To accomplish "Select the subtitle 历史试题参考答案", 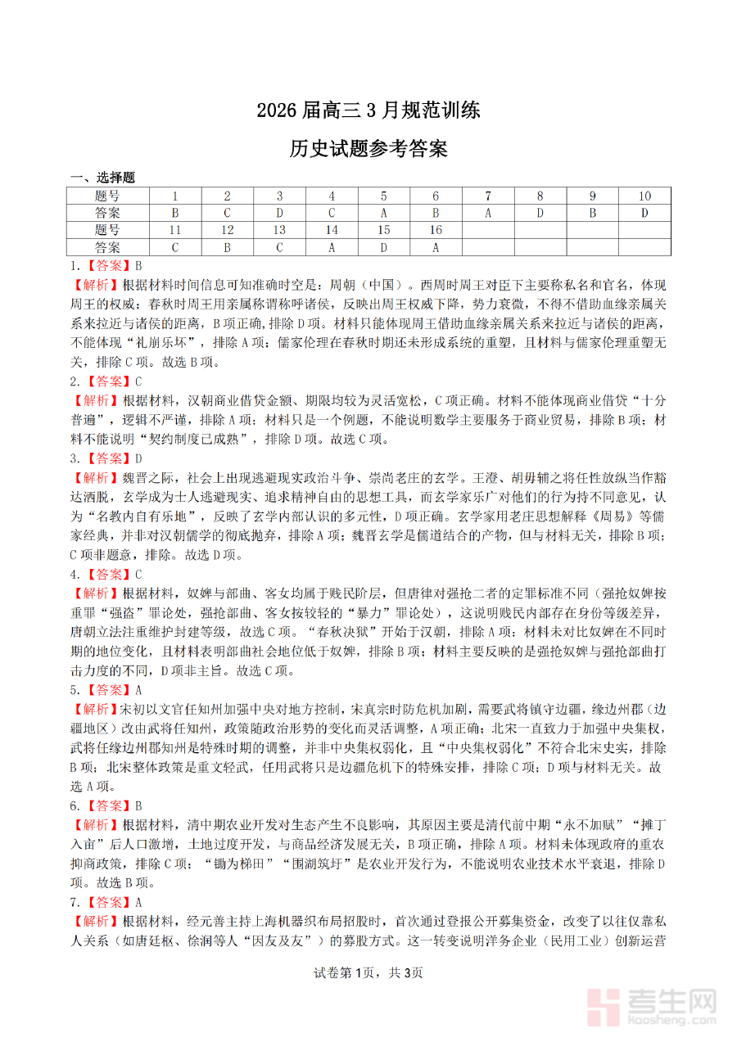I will coord(368,149).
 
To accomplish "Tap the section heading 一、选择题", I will coord(102,177).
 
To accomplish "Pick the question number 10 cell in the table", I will coord(644,196).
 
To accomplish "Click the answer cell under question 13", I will coord(279,246).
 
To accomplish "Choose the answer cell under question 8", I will coord(540,213).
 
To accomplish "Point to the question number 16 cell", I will coord(436,230).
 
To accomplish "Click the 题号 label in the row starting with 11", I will coord(107,230).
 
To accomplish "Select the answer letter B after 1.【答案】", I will coord(138,265).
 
